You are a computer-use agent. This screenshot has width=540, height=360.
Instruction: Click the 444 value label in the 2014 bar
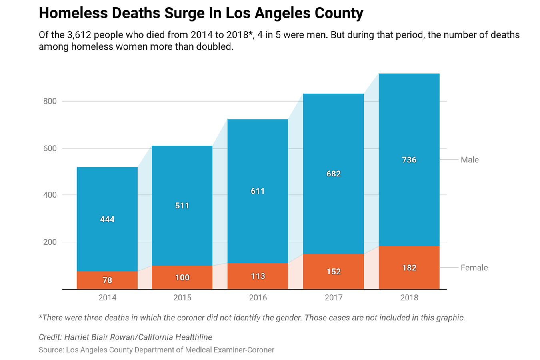(107, 219)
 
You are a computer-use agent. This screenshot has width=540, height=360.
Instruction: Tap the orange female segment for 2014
(92, 280)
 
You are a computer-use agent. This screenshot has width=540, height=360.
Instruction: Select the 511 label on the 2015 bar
(182, 206)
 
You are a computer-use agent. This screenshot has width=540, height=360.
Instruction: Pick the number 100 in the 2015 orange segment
(182, 278)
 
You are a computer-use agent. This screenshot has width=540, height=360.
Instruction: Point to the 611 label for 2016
(258, 191)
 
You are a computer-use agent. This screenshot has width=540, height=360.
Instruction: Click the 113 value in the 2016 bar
(258, 276)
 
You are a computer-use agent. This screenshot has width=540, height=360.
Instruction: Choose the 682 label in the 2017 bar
(333, 174)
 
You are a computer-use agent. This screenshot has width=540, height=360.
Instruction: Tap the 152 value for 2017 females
(333, 272)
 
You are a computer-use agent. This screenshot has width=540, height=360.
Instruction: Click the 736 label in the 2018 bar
(409, 160)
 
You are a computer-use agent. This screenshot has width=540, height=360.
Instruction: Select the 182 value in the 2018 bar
(409, 268)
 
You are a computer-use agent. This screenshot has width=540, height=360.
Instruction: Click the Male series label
(470, 160)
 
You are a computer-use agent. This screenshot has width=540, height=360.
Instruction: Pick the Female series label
(474, 268)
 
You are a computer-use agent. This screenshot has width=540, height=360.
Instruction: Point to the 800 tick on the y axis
(50, 101)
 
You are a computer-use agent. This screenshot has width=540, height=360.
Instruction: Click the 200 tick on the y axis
(50, 242)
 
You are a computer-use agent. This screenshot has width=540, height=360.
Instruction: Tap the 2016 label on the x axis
(258, 298)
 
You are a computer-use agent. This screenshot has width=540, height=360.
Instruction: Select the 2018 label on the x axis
(409, 298)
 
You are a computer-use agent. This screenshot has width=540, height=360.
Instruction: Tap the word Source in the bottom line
(51, 350)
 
